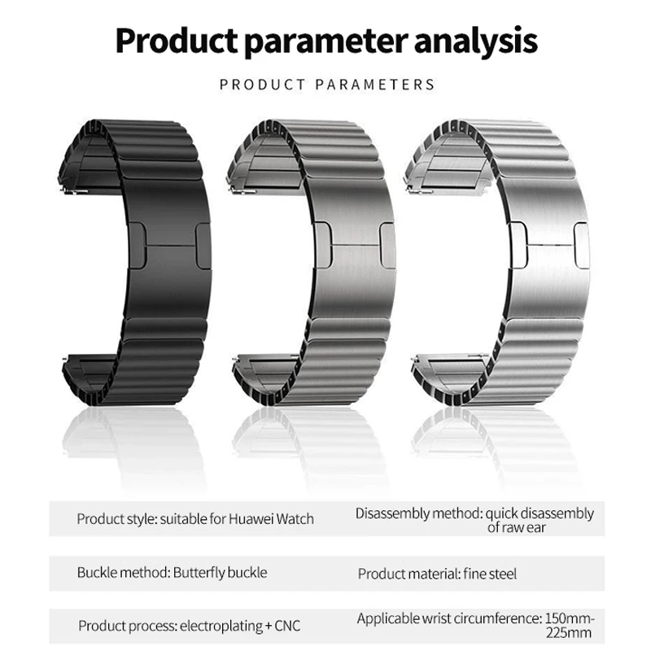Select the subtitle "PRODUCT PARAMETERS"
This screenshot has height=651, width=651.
click(327, 84)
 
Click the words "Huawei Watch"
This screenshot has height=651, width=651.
click(273, 518)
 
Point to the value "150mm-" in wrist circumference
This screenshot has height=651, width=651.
click(566, 618)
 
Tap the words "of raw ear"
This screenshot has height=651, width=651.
click(517, 527)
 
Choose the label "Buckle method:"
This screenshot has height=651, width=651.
click(124, 572)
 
